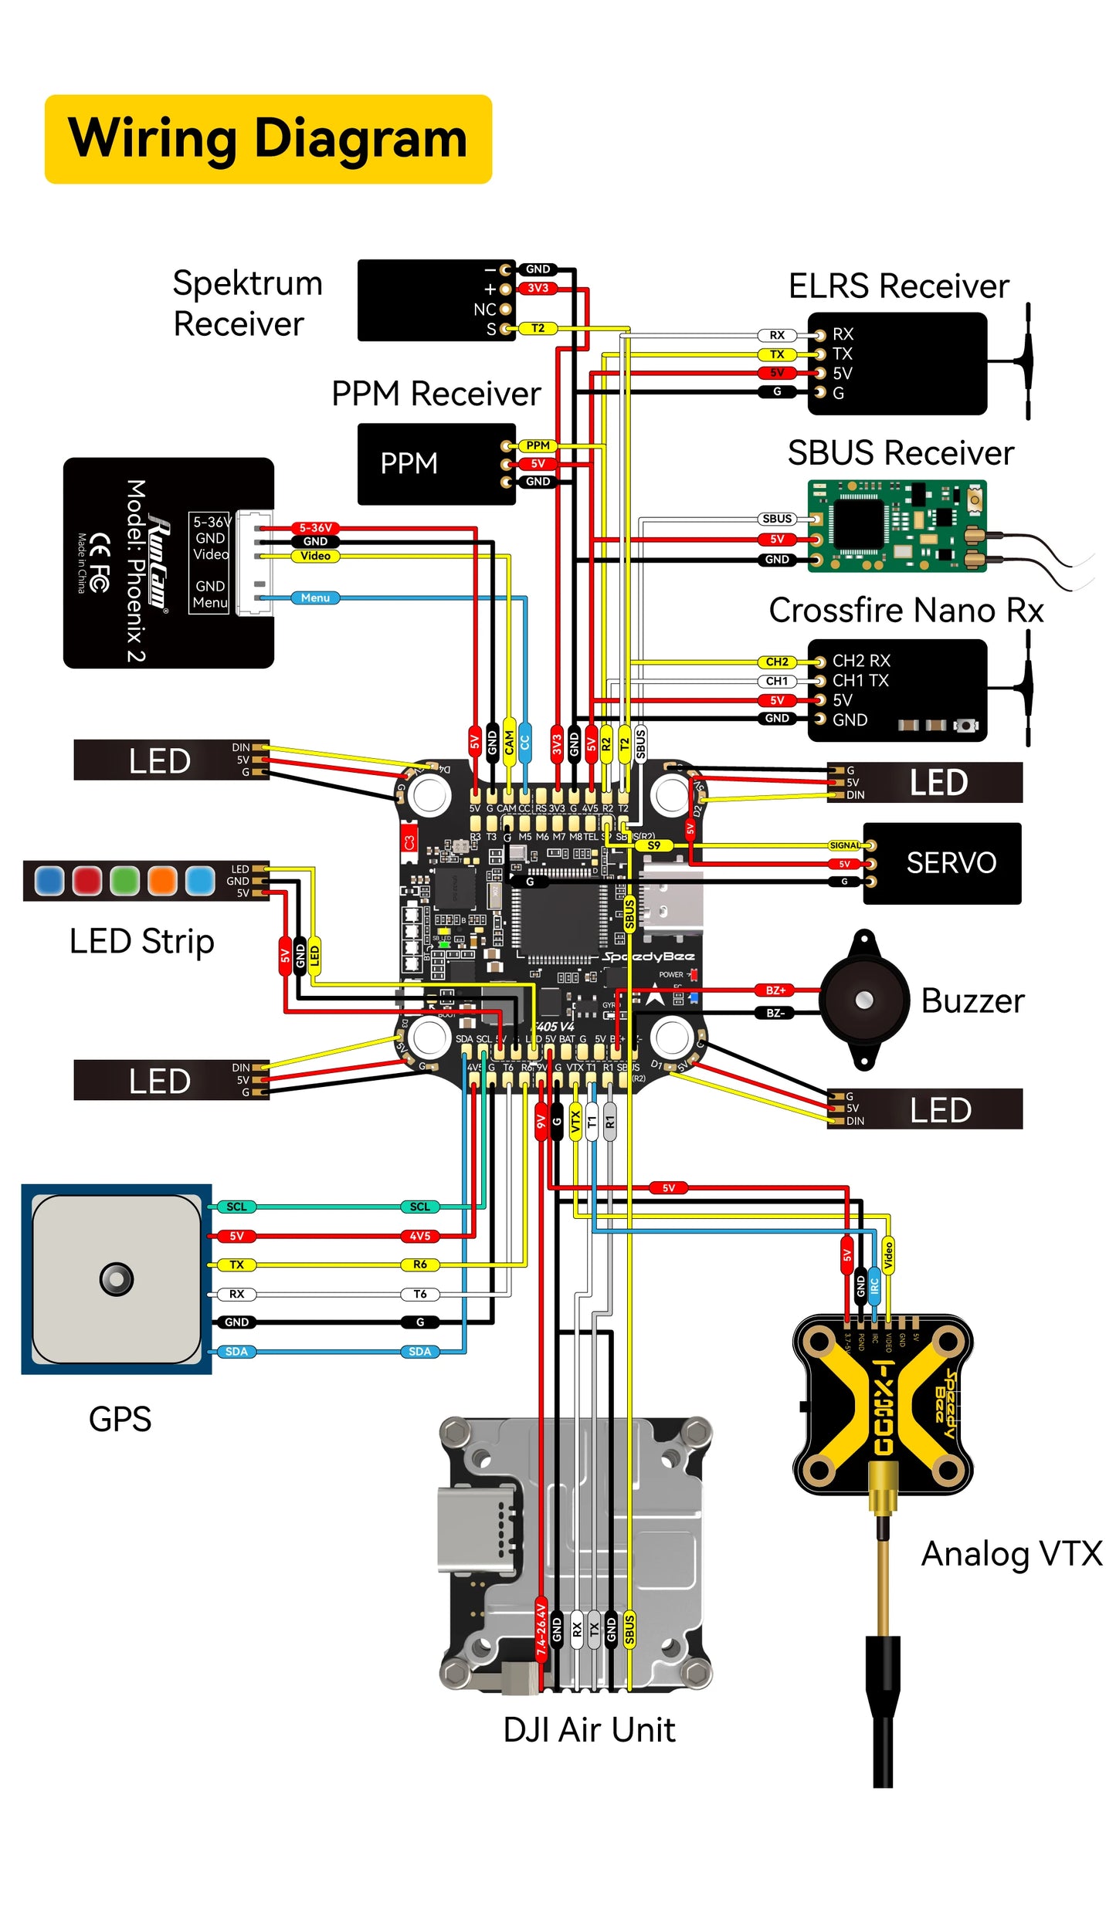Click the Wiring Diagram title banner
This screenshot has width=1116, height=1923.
(267, 139)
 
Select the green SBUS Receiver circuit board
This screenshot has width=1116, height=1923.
(896, 526)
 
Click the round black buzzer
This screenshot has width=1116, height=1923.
(863, 1000)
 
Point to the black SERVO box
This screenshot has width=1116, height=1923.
(941, 863)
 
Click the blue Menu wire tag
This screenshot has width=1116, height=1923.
(315, 598)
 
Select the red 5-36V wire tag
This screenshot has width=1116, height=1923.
(315, 528)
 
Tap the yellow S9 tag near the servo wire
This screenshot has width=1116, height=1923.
(653, 845)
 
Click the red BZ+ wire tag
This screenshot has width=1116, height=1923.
(775, 990)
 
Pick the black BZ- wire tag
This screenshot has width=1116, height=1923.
(775, 1013)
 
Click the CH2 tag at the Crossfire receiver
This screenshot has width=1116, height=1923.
(777, 662)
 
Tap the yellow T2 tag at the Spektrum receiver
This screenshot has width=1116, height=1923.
(538, 328)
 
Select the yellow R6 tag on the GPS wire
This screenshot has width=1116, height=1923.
(419, 1265)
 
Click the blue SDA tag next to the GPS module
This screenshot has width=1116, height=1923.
(236, 1351)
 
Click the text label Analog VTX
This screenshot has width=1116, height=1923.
(1011, 1553)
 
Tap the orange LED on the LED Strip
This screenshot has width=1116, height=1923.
(162, 881)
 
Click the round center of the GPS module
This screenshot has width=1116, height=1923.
(116, 1279)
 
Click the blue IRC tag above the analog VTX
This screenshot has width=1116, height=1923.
(874, 1285)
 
